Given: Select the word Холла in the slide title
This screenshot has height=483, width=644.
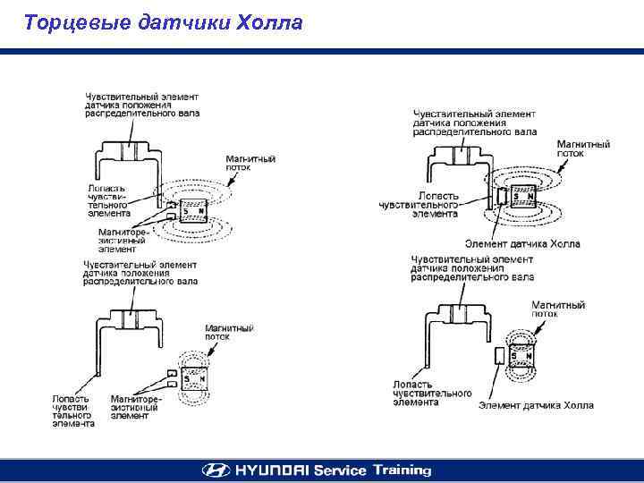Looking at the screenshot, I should click(x=269, y=22).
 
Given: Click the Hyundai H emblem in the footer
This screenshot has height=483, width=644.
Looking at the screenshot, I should click(x=215, y=470).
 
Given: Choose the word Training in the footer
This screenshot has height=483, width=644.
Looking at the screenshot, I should click(x=402, y=470).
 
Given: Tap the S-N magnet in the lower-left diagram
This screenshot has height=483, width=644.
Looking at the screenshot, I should click(x=194, y=378).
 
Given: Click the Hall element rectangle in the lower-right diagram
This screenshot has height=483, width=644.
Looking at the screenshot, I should click(x=499, y=355).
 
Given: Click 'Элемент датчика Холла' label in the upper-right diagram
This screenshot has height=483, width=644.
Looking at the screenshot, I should click(x=522, y=243).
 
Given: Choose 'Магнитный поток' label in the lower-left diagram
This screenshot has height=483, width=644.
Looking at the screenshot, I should click(x=230, y=333).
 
